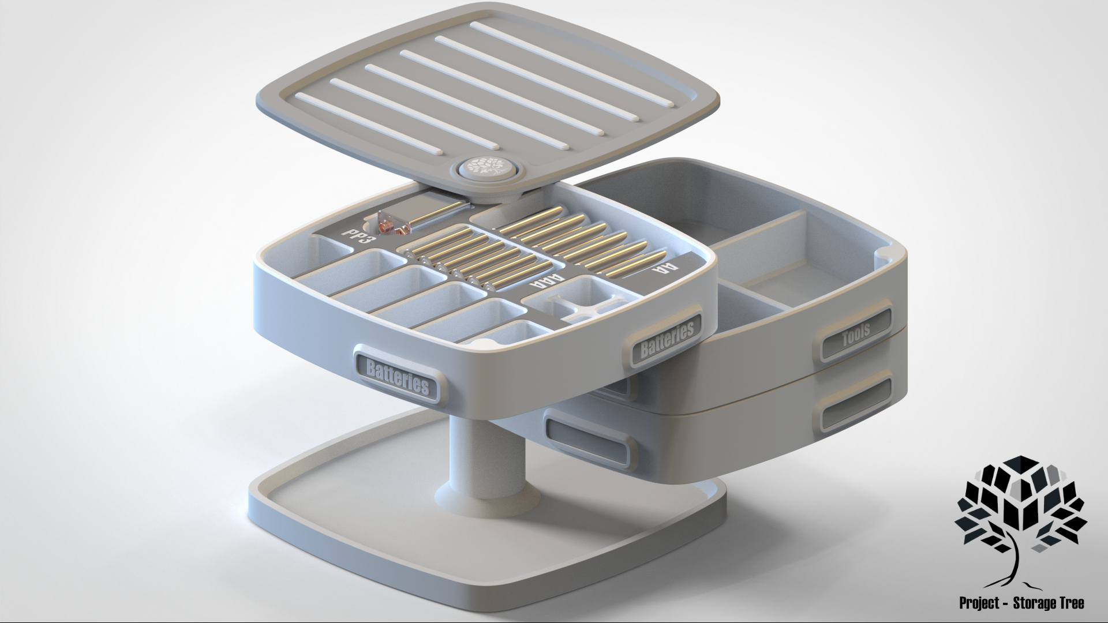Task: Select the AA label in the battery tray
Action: coord(663,267)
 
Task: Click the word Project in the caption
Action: coord(979,603)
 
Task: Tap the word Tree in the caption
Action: coord(1070,603)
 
